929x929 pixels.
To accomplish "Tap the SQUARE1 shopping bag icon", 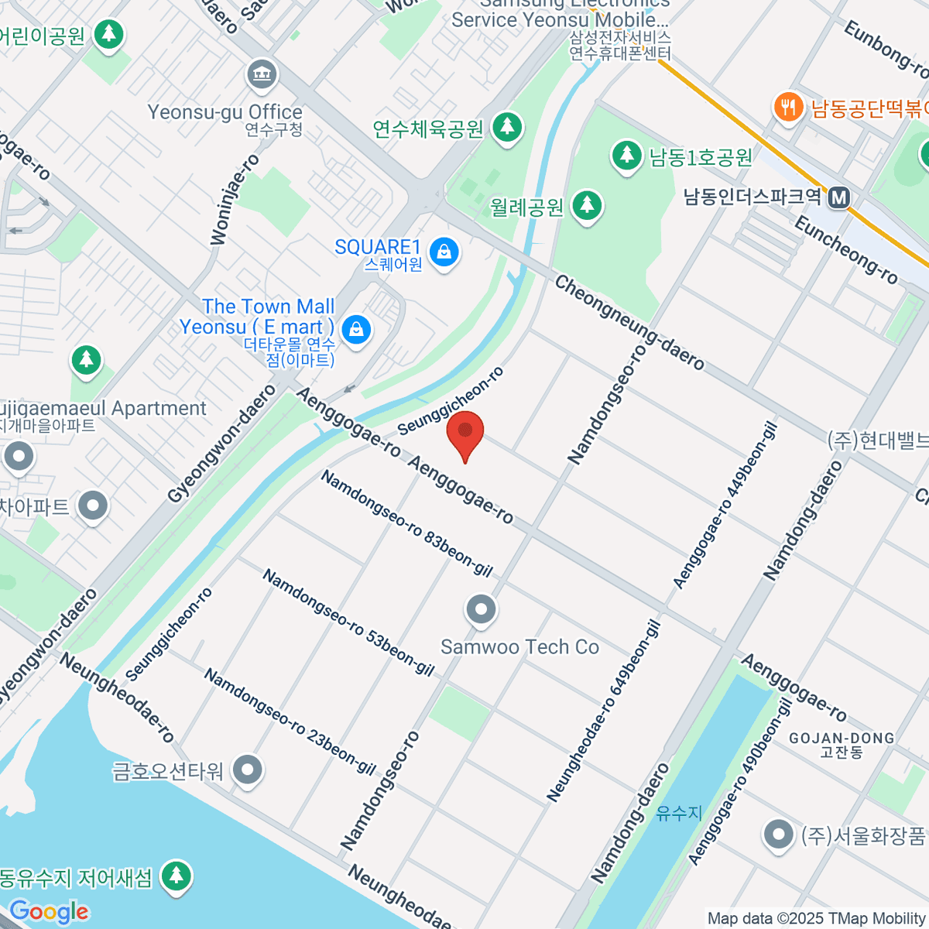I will click(x=444, y=252).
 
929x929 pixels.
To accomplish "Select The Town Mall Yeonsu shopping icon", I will click(x=356, y=329).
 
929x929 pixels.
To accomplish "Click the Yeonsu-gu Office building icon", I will click(x=262, y=74).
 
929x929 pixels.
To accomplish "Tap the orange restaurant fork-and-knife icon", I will click(x=788, y=107).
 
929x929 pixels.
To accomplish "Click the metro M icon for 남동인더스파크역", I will click(x=838, y=198).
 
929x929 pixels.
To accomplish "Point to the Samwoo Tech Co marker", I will click(x=482, y=610).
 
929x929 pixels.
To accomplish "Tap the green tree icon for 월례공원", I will click(x=587, y=205).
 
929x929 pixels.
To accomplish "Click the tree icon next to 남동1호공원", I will click(x=627, y=155).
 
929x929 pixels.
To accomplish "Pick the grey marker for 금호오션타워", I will click(x=249, y=770).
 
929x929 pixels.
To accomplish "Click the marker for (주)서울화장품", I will click(x=778, y=835).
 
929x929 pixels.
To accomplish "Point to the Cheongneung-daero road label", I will click(x=629, y=323).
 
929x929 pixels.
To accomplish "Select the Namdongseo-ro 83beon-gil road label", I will click(x=406, y=524).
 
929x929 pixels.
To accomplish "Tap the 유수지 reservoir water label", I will click(x=679, y=813).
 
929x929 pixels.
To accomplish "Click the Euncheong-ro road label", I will click(x=846, y=251).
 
